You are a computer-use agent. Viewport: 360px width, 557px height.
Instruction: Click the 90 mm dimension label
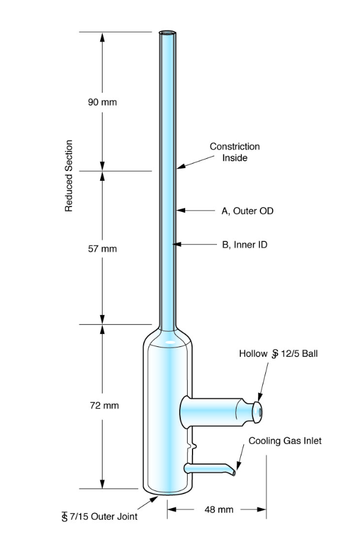click(102, 103)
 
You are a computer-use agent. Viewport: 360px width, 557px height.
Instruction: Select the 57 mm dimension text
click(102, 249)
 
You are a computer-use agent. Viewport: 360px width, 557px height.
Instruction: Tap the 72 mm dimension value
click(105, 406)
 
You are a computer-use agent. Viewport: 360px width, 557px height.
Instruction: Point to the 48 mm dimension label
click(219, 510)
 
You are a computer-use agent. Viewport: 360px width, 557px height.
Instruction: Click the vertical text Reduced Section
click(68, 176)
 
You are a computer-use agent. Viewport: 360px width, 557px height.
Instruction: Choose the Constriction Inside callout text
click(235, 152)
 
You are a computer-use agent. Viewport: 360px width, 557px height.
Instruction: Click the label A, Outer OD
click(248, 211)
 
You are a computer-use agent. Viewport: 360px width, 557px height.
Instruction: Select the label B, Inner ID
click(244, 245)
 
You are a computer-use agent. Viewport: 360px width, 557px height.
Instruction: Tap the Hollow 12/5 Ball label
click(278, 354)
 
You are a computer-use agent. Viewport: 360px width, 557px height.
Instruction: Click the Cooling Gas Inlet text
click(285, 441)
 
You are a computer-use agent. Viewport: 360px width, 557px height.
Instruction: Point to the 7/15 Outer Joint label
click(100, 517)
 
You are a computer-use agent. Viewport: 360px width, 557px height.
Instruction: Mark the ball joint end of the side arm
click(258, 412)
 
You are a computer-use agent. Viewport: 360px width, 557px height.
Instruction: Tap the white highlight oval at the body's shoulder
click(171, 343)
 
